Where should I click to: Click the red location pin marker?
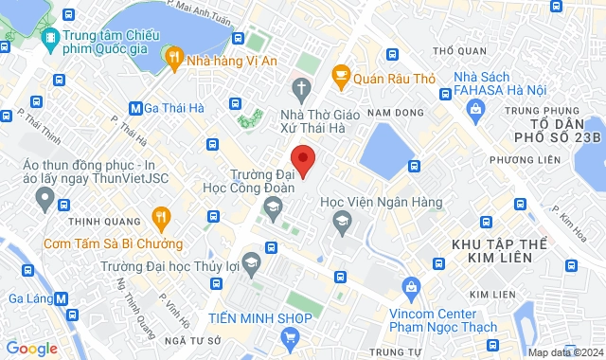[x=302, y=159]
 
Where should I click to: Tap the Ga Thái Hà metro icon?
[x=136, y=107]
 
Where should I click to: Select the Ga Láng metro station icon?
[x=62, y=297]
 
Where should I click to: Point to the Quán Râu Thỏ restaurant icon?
[x=340, y=74]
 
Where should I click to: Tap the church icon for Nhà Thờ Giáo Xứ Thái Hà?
[x=302, y=91]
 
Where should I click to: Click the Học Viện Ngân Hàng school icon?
[x=341, y=221]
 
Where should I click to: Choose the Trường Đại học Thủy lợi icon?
[x=251, y=261]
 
